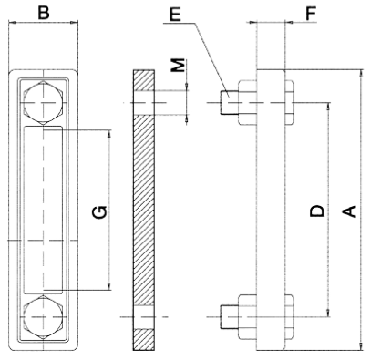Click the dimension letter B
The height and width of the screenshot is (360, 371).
43,14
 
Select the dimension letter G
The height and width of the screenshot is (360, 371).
99,212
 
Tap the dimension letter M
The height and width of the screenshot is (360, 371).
178,65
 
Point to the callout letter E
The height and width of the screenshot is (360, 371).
175,15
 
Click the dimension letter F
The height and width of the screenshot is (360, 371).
311,14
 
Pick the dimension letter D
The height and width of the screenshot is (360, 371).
317,211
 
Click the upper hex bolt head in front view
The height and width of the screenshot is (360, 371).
44,102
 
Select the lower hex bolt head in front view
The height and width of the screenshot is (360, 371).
44,317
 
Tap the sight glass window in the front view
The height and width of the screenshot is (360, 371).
44,210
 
